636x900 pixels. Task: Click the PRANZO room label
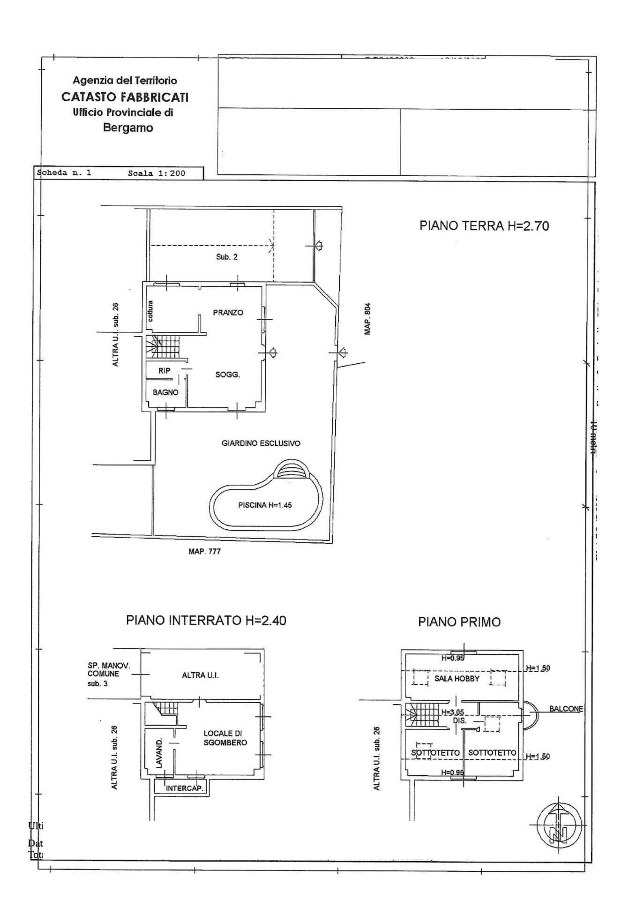coord(228,313)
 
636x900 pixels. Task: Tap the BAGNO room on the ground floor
coord(165,392)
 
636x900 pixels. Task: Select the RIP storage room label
coord(164,371)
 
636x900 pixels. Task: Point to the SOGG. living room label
coord(228,375)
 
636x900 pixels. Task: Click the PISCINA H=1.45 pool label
coord(265,505)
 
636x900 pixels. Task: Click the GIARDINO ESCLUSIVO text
coord(261,443)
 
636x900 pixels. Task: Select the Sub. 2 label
coord(226,257)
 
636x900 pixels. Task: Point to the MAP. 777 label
coord(204,551)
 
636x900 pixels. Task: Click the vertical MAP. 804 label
coord(368,319)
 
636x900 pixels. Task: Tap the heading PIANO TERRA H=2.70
coord(484,226)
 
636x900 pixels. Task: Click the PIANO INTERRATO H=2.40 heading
coord(206,620)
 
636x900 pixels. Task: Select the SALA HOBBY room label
coord(456,678)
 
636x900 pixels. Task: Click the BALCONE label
coord(566,709)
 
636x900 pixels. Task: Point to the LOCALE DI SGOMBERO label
coord(225,738)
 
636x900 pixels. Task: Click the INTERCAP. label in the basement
coord(185,788)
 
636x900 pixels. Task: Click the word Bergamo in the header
coord(128,127)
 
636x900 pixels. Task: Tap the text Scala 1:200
coord(156,173)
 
